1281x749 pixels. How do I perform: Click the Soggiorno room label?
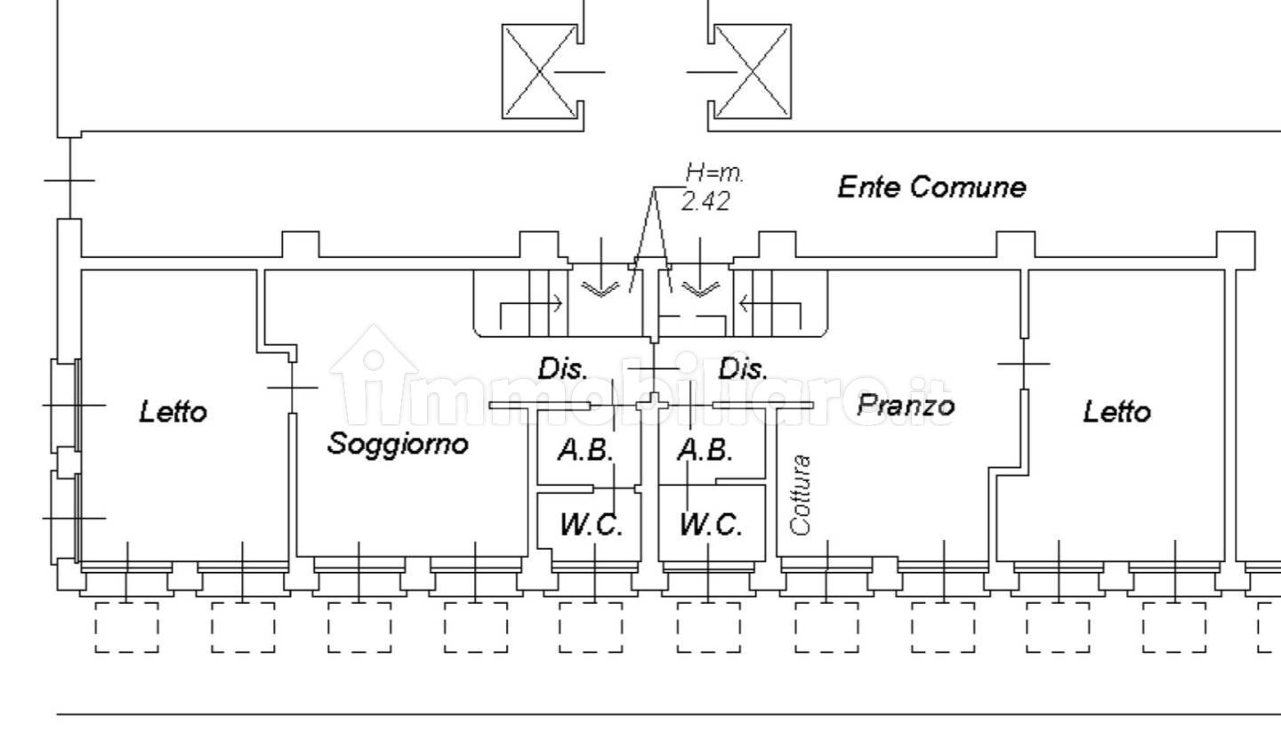pos(398,443)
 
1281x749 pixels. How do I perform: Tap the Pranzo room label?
pos(906,406)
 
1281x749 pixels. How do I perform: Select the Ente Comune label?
pos(931,187)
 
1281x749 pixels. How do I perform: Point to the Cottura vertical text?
pos(802,495)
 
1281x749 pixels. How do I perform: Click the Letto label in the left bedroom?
pos(173,412)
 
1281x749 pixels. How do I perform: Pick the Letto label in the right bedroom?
pos(1116,412)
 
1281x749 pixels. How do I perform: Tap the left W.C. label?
pos(591,525)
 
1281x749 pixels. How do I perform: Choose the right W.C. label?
pos(710,525)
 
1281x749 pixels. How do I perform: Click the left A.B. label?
pos(585,451)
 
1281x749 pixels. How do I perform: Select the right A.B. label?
pos(705,451)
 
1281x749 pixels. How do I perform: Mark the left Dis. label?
pos(562,368)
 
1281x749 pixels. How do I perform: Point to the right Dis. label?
pos(743,368)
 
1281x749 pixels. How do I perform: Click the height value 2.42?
pos(705,202)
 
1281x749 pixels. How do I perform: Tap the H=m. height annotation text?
pos(714,173)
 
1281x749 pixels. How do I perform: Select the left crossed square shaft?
pos(539,71)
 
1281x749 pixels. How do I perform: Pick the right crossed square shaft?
pos(753,71)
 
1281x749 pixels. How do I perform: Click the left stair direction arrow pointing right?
pos(531,304)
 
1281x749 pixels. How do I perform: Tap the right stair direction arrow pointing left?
pos(769,304)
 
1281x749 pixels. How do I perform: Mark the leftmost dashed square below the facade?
pos(127,627)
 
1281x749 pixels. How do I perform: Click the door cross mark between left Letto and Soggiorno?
pos(293,387)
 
